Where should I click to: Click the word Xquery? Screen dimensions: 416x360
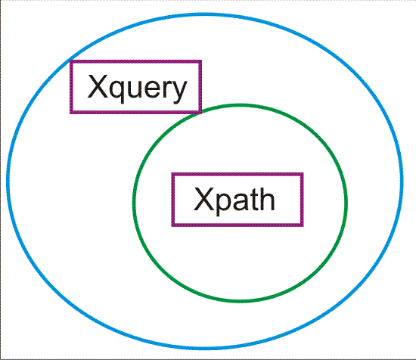[137, 88]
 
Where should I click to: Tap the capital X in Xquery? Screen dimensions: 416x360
[98, 86]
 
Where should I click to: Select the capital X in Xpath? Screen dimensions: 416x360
[203, 199]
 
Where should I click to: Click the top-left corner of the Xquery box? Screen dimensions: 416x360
[71, 61]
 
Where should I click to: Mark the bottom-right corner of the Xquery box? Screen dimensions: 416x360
[200, 113]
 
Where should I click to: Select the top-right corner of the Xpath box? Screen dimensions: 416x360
[302, 174]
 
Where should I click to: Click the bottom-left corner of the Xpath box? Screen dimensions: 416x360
[172, 225]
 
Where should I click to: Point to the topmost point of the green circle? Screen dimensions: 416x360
[240, 105]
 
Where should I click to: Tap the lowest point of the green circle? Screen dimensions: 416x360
[240, 301]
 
